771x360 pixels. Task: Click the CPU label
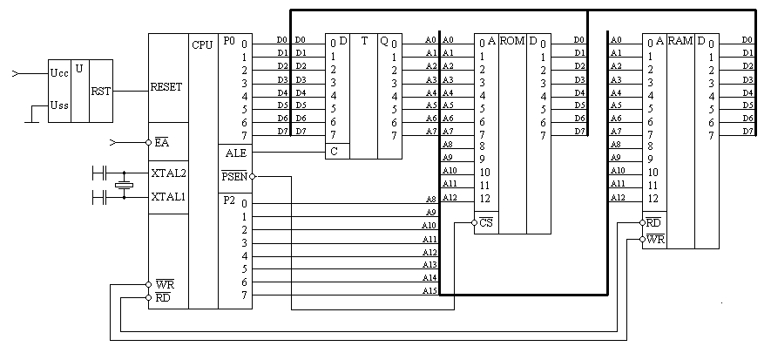[202, 42]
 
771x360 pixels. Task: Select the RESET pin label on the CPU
[166, 87]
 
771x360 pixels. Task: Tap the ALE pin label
[235, 152]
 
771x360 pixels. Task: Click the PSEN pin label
[234, 177]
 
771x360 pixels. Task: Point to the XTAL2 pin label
[169, 173]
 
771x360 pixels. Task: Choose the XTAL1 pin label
[169, 197]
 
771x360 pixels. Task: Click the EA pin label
[162, 142]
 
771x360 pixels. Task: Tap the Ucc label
[59, 75]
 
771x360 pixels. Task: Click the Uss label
[59, 107]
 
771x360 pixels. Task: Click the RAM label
[680, 41]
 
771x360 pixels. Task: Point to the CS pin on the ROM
[487, 223]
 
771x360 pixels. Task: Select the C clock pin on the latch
[333, 151]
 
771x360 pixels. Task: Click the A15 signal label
[429, 290]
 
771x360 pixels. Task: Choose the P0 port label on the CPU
[228, 41]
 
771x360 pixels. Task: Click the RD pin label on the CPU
[163, 297]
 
